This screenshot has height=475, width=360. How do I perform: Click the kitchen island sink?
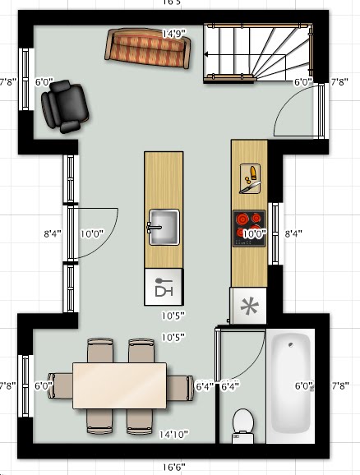point(164,227)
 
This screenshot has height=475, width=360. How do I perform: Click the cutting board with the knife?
point(250,176)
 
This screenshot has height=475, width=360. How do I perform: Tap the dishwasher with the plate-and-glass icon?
point(164,288)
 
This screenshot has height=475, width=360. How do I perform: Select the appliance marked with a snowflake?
point(249,307)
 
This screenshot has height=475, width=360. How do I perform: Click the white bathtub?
point(289,383)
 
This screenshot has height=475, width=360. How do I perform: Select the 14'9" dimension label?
point(173,34)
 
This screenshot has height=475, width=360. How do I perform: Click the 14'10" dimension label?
point(173,434)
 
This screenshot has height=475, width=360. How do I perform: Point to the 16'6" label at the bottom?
point(173,467)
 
